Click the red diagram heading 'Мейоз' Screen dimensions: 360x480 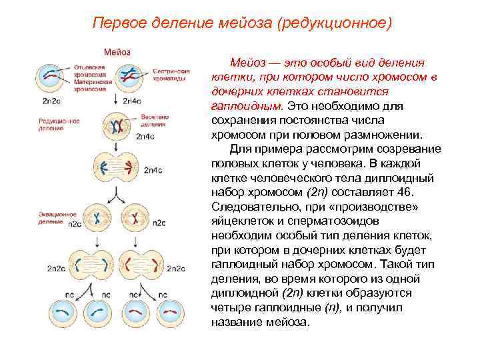[x=116, y=52]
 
